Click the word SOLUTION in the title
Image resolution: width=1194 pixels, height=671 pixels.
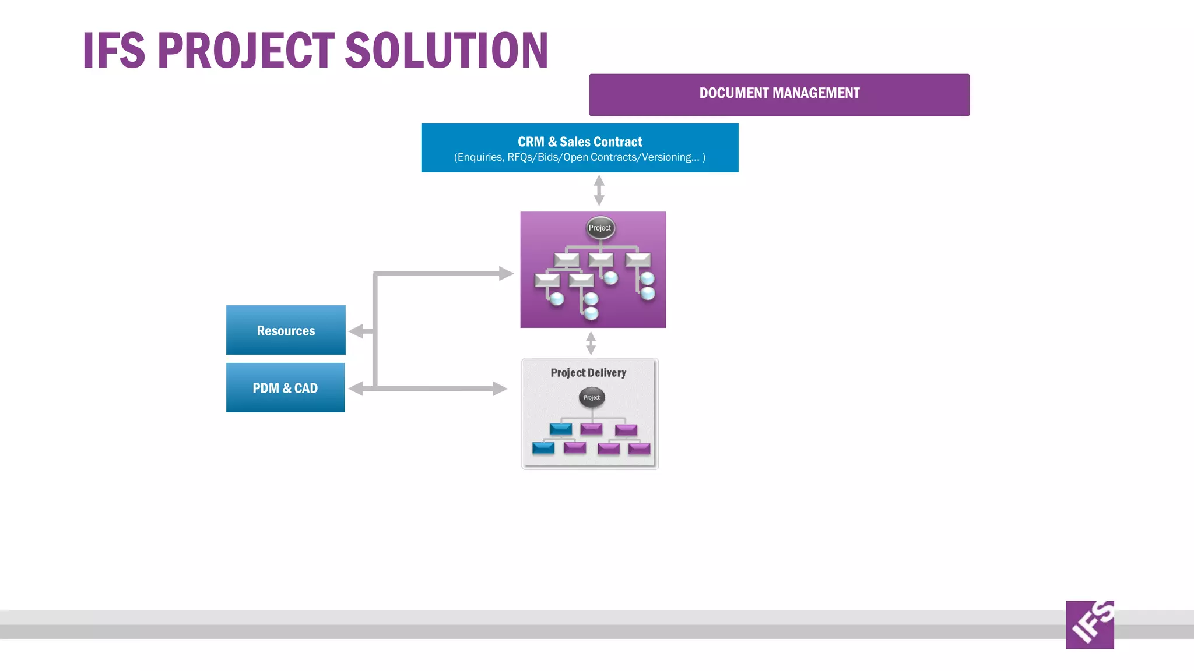[446, 51]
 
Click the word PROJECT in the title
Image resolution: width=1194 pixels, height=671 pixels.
[245, 51]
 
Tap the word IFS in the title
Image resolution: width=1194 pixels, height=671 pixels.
[114, 51]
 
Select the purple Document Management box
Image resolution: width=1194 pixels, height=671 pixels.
[779, 94]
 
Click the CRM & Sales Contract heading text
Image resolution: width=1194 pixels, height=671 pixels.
[580, 142]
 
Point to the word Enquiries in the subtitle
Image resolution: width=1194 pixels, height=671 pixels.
[480, 157]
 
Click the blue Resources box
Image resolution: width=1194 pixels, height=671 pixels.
[286, 330]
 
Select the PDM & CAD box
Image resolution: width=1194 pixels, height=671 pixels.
[285, 387]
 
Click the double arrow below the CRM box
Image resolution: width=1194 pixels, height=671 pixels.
[599, 190]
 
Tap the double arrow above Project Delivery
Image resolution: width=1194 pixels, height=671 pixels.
[591, 343]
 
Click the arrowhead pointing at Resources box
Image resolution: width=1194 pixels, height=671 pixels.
[355, 331]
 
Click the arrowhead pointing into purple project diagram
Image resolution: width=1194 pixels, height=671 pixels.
[505, 273]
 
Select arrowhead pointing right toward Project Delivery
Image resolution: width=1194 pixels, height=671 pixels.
[500, 389]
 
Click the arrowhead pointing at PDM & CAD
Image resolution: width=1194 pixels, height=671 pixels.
[355, 389]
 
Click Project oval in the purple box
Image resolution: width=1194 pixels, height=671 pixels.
[600, 228]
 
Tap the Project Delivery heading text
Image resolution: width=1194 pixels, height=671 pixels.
[588, 373]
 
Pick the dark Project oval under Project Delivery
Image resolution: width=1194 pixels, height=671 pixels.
[592, 397]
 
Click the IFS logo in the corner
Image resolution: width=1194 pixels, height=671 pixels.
[1090, 624]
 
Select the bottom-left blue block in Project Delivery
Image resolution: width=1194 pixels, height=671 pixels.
[543, 448]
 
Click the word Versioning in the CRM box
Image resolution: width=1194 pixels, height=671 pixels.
[668, 157]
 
